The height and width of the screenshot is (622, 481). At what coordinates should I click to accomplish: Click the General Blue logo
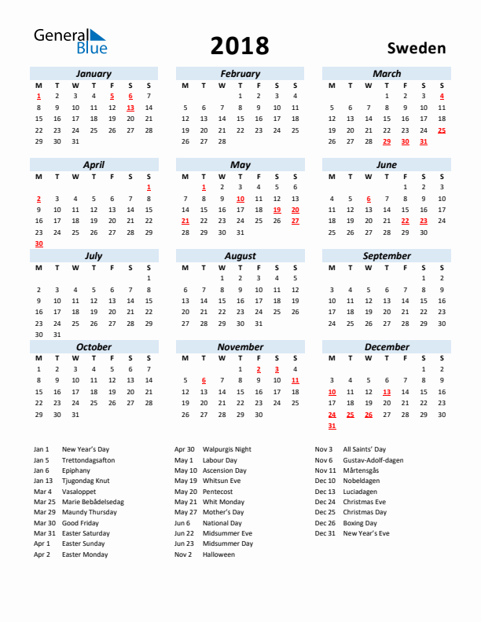click(69, 42)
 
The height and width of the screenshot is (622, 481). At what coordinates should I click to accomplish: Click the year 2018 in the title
click(240, 46)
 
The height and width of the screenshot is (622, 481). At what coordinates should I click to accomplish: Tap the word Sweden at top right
click(417, 48)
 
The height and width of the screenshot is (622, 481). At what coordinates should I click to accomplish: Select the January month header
click(94, 74)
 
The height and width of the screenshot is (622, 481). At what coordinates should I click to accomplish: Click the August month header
click(240, 256)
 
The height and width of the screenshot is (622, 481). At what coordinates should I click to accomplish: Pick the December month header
click(387, 347)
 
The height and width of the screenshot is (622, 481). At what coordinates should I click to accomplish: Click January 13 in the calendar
click(130, 108)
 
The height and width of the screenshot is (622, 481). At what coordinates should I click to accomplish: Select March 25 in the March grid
click(442, 130)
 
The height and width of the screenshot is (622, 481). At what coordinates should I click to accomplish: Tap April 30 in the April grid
click(39, 243)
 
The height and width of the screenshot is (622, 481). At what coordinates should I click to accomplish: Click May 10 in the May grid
click(240, 199)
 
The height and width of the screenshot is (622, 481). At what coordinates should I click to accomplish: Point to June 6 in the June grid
click(368, 199)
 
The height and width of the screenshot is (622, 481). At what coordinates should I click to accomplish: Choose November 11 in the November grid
click(295, 380)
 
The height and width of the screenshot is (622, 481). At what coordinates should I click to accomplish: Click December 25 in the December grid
click(350, 415)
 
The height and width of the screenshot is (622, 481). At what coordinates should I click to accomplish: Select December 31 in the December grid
click(332, 426)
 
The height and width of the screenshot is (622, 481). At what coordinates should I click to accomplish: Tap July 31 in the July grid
click(57, 335)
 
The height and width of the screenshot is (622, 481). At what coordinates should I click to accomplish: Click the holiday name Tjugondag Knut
click(86, 481)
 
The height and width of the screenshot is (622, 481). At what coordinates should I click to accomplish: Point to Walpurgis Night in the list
click(227, 449)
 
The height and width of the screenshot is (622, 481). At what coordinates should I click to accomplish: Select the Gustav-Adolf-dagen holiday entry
click(373, 460)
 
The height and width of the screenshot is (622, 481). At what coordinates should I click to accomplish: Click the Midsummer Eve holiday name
click(227, 533)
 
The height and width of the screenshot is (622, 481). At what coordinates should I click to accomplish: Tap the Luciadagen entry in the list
click(361, 491)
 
